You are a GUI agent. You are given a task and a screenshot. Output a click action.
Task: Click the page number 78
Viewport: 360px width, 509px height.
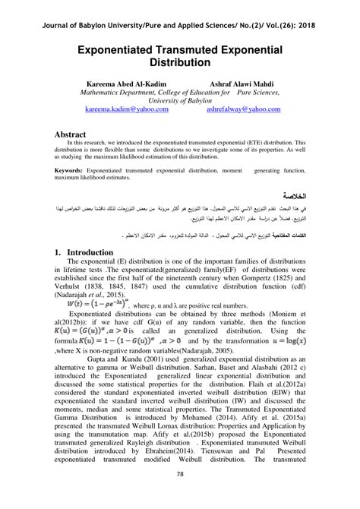point(180,496)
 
